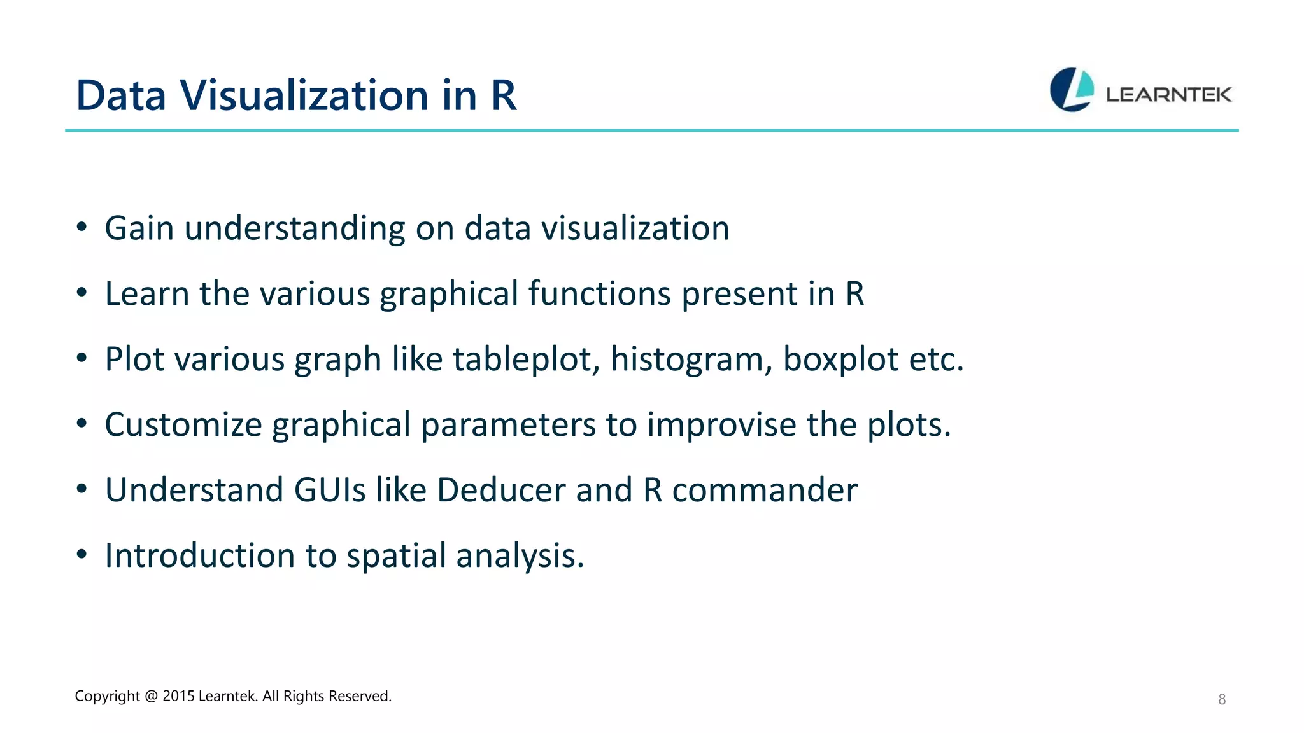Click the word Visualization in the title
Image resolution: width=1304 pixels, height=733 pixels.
pos(304,95)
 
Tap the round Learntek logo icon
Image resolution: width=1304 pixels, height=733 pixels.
pos(1072,90)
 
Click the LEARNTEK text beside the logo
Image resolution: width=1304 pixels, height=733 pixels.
pos(1168,95)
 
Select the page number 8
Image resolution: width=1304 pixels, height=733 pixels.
pos(1222,699)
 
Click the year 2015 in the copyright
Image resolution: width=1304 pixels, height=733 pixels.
pos(178,696)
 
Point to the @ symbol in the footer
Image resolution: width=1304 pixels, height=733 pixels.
pos(151,696)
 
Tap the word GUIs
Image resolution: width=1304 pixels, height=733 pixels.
pos(330,490)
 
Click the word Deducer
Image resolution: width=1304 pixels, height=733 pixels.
pos(501,490)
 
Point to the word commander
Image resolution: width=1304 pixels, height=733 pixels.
pos(764,490)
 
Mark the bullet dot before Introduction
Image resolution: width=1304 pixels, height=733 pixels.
pos(81,555)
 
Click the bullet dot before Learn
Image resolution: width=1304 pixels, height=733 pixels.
pos(81,293)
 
